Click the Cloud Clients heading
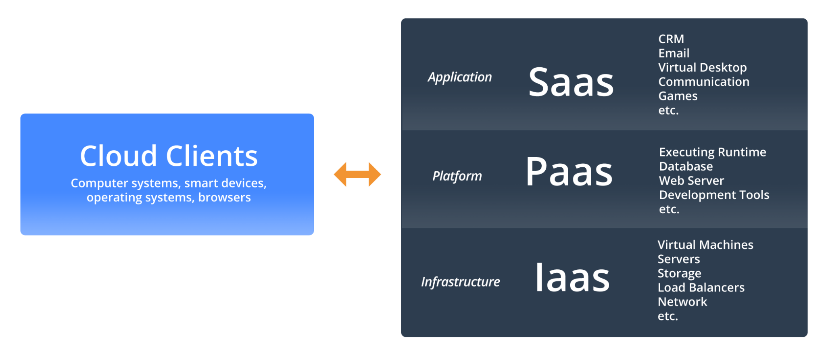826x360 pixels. (x=169, y=156)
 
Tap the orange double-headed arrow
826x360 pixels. (x=357, y=174)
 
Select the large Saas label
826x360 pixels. (x=571, y=82)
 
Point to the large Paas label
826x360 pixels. (x=569, y=172)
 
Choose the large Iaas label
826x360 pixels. (x=572, y=277)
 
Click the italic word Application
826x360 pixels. (x=460, y=77)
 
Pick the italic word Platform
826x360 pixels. (x=457, y=176)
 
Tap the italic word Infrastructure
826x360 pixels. (x=460, y=282)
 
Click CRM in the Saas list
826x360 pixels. (x=671, y=39)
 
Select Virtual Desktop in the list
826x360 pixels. (x=702, y=67)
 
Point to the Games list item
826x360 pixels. (x=678, y=96)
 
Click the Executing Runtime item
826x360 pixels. (x=712, y=152)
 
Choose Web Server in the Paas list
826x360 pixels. (x=691, y=181)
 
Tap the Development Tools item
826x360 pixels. (x=714, y=195)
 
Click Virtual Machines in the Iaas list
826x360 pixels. (x=705, y=245)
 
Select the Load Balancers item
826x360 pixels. (x=701, y=287)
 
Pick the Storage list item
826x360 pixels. (x=679, y=273)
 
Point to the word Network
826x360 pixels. (x=682, y=302)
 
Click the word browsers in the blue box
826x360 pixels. (x=224, y=198)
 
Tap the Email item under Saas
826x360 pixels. (x=674, y=53)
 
